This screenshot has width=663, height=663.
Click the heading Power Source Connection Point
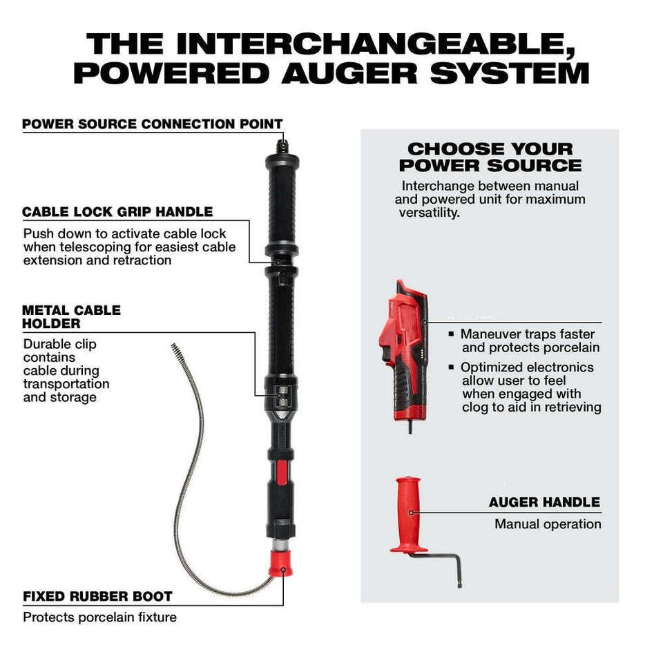tap(153, 124)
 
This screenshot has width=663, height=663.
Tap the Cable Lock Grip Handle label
tap(117, 212)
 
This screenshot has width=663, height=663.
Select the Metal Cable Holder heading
tap(71, 316)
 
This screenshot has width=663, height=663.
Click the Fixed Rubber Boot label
tap(97, 595)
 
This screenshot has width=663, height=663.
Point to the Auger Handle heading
tap(544, 502)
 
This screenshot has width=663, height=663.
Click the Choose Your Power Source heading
tap(490, 157)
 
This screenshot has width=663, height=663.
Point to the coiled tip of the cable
tap(177, 352)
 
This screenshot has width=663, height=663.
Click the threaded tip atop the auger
tap(282, 146)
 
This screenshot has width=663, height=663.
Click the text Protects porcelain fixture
tap(99, 617)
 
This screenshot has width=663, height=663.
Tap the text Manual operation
tap(548, 524)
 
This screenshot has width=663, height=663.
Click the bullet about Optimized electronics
tap(530, 387)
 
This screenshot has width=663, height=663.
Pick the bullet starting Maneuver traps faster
tap(530, 340)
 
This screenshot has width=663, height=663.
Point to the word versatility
tap(429, 213)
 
